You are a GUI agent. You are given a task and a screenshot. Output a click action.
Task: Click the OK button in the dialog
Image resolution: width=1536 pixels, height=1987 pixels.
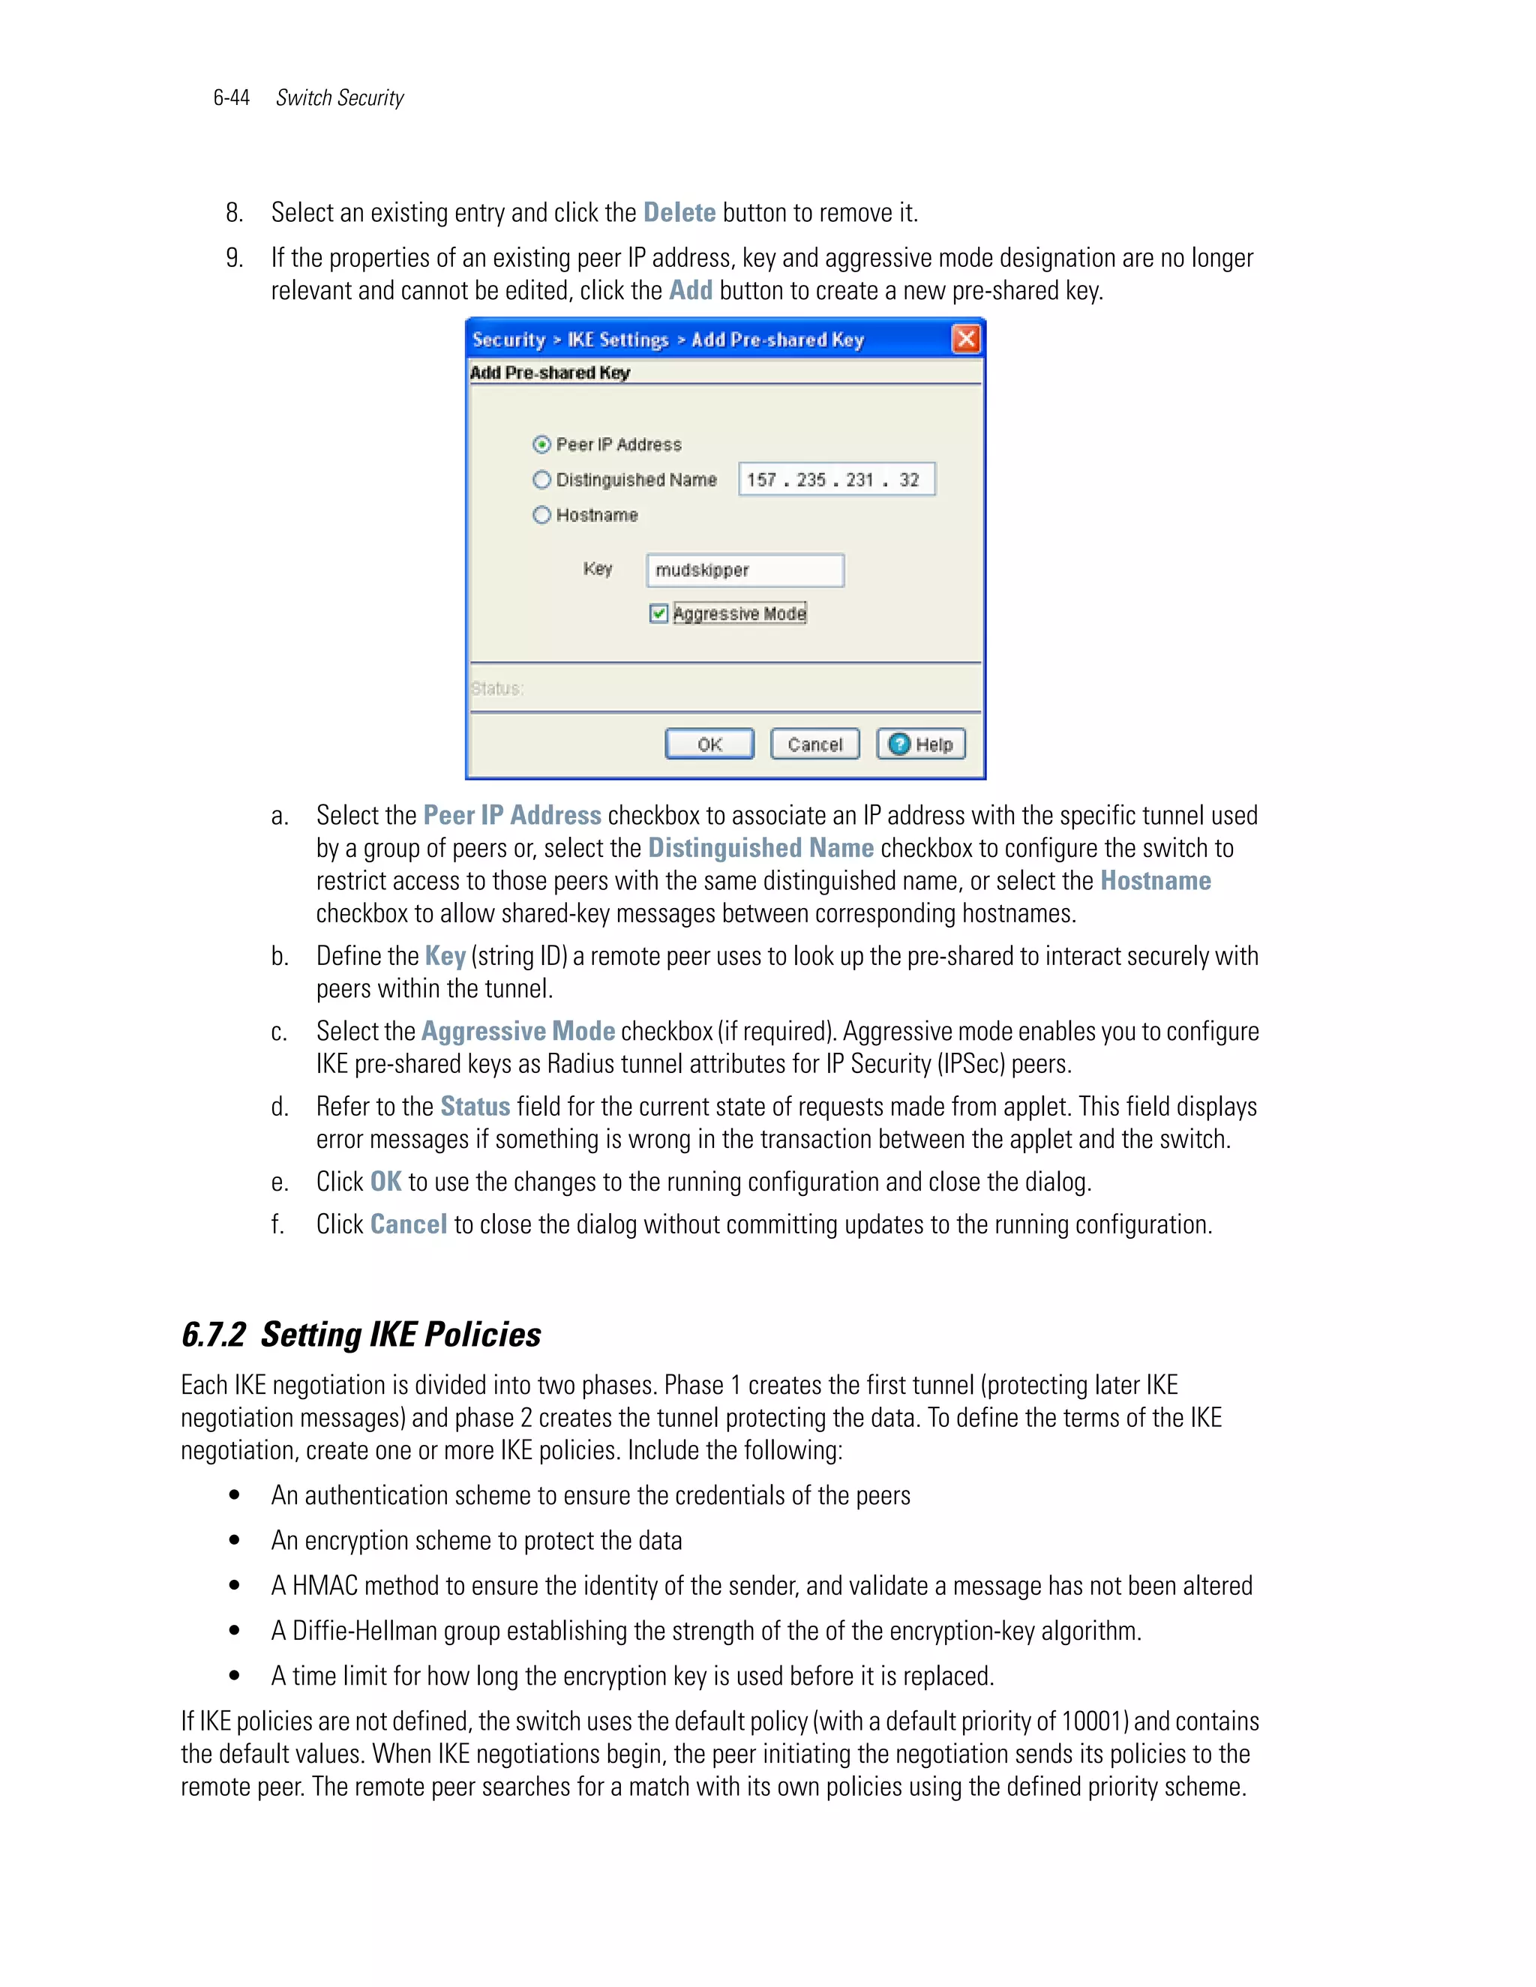coord(709,745)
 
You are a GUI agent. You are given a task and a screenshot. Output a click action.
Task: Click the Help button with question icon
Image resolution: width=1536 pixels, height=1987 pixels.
coord(921,745)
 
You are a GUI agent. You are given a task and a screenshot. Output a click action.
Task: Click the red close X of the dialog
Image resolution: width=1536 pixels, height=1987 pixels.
coord(965,340)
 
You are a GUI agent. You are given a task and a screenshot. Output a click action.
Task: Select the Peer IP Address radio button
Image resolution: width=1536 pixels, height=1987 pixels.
coord(542,445)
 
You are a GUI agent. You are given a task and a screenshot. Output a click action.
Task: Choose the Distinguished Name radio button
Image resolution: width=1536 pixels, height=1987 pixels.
coord(542,479)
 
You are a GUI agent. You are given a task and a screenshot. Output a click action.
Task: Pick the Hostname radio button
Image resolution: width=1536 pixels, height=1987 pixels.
coord(542,515)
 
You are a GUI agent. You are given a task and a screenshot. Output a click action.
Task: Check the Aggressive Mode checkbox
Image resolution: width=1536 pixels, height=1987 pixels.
coord(658,614)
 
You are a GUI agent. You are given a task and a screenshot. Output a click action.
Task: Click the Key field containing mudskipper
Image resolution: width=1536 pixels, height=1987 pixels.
coord(744,571)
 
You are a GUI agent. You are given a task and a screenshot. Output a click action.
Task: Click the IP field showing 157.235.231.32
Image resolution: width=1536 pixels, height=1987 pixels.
coord(835,479)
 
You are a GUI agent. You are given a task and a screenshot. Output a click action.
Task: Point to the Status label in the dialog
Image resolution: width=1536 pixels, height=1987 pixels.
coord(496,689)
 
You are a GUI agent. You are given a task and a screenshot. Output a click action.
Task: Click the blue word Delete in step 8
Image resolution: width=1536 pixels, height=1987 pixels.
coord(679,213)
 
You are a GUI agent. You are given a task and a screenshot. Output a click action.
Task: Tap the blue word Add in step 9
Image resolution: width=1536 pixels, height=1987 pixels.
coord(691,291)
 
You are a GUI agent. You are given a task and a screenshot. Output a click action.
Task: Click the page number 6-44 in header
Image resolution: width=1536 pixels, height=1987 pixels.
coord(231,98)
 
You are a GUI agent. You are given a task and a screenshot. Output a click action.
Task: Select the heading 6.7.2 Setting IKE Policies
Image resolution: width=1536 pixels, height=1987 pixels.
coord(361,1335)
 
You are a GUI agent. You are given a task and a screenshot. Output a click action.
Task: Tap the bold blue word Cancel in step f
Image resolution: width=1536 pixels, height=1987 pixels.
coord(409,1224)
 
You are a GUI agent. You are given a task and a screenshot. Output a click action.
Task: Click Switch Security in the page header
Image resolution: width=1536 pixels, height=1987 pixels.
coord(340,98)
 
